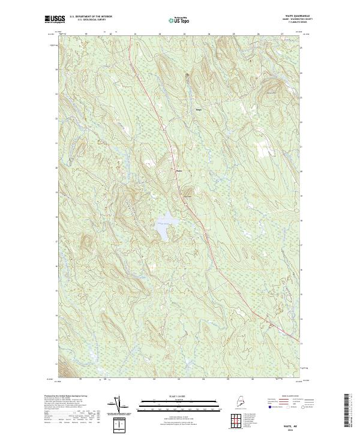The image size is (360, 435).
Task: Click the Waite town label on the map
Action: (178, 169)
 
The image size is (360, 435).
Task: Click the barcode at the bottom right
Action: (347, 413)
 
